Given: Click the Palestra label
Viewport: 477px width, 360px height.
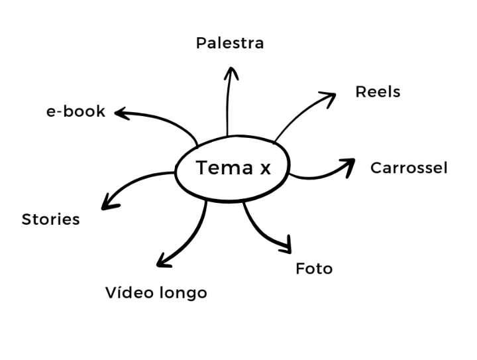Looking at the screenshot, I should [x=230, y=44].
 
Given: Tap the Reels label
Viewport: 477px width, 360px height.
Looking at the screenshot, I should [x=378, y=91].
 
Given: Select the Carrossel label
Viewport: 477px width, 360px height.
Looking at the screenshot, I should [x=409, y=168].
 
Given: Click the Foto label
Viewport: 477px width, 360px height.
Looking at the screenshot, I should [x=314, y=269].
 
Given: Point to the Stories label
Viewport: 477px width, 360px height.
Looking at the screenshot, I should [x=50, y=219].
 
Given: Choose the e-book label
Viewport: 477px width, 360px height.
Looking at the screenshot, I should [x=76, y=111].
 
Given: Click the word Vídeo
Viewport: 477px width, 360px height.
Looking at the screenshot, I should [x=129, y=292].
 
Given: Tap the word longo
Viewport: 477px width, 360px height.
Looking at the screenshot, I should [x=182, y=294].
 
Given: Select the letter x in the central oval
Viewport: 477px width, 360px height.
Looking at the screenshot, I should [x=265, y=170].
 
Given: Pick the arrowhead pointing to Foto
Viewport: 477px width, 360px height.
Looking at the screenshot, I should [x=286, y=246].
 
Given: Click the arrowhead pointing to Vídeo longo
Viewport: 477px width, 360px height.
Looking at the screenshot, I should [x=162, y=260].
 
